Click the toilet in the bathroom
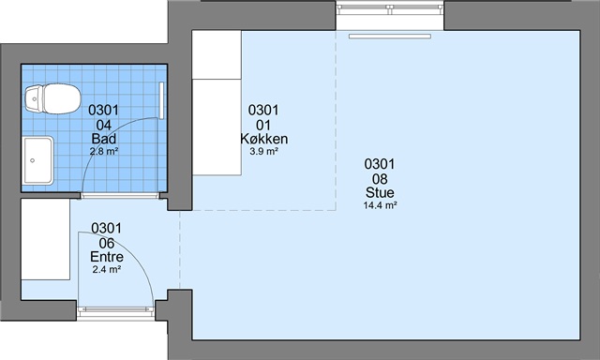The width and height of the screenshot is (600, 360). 52,98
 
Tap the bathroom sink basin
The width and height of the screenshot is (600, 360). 38,160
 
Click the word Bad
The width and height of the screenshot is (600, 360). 104,139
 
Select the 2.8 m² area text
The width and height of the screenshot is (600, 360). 104,151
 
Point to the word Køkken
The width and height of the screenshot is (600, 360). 264,139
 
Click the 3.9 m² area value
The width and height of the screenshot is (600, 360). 263,151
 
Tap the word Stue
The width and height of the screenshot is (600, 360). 380,192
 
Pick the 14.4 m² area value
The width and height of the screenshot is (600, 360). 380,205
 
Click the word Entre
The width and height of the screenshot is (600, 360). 107,257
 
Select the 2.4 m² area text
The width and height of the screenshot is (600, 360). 107,269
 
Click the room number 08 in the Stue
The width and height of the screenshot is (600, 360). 380,179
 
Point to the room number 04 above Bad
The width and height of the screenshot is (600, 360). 104,125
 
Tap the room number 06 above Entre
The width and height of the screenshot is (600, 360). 107,243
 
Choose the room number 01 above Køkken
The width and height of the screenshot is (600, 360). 263,125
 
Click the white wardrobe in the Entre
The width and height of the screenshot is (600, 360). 46,239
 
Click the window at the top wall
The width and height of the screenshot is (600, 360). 390,8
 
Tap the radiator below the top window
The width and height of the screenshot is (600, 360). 390,37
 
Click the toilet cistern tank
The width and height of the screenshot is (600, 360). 34,99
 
